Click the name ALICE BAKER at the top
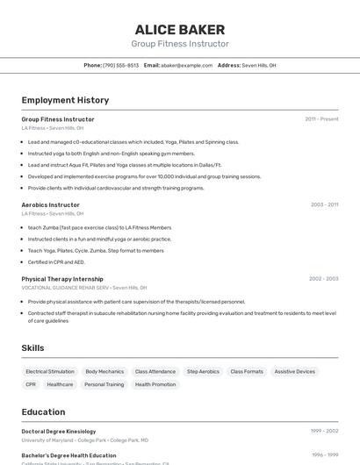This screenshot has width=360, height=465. pyautogui.click(x=180, y=29)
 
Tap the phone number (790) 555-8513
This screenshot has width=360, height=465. pyautogui.click(x=120, y=65)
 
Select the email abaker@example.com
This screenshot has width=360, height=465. pyautogui.click(x=185, y=65)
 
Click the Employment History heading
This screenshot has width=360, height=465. pyautogui.click(x=65, y=100)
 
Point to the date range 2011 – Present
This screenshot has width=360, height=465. pyautogui.click(x=321, y=118)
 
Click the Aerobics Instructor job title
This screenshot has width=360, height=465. pyautogui.click(x=50, y=204)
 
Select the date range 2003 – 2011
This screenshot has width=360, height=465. pyautogui.click(x=324, y=204)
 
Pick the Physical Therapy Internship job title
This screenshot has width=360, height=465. pyautogui.click(x=62, y=279)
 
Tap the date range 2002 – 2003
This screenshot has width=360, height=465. pyautogui.click(x=323, y=279)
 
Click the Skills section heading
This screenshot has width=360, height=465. pyautogui.click(x=32, y=348)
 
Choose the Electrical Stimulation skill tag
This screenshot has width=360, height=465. pyautogui.click(x=50, y=371)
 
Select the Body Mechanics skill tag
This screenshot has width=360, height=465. pyautogui.click(x=104, y=371)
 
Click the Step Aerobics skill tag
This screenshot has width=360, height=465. pyautogui.click(x=203, y=371)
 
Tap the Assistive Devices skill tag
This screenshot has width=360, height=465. pyautogui.click(x=294, y=371)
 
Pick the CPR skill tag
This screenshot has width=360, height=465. pyautogui.click(x=31, y=384)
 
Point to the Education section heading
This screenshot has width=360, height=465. pyautogui.click(x=43, y=411)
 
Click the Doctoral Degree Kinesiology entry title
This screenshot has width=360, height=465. pyautogui.click(x=58, y=432)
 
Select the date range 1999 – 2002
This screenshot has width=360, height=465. pyautogui.click(x=324, y=432)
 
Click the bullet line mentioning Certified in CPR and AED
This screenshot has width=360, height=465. pyautogui.click(x=56, y=261)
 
